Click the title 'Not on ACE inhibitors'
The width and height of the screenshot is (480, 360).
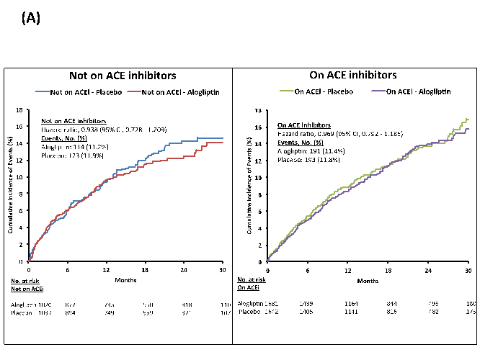click(123, 75)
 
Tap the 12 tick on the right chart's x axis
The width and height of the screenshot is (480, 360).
click(347, 270)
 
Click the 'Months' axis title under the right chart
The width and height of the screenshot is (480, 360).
click(368, 281)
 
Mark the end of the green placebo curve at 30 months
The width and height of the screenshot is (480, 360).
click(468, 119)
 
